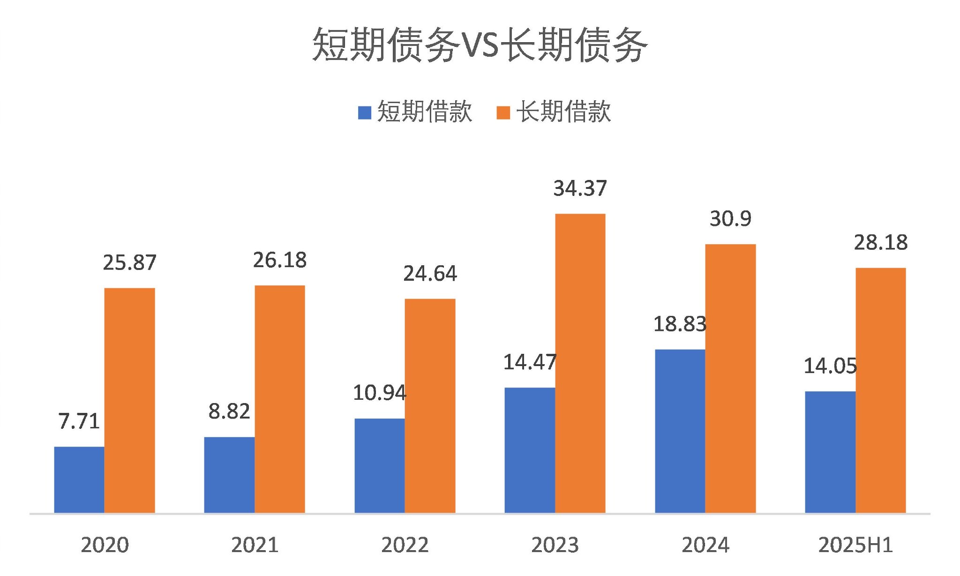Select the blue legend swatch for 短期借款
364,112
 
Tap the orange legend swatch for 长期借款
503,112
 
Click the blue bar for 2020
79,479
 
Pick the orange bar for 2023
580,363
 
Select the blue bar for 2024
680,431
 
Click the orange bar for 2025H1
880,390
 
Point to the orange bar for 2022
430,405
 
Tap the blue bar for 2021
229,475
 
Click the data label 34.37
580,188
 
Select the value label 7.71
79,421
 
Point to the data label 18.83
680,324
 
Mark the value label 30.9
730,219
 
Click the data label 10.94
379,393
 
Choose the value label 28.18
880,243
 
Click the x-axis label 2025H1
855,545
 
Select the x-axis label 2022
405,545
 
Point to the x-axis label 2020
105,545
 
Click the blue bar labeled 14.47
530,450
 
